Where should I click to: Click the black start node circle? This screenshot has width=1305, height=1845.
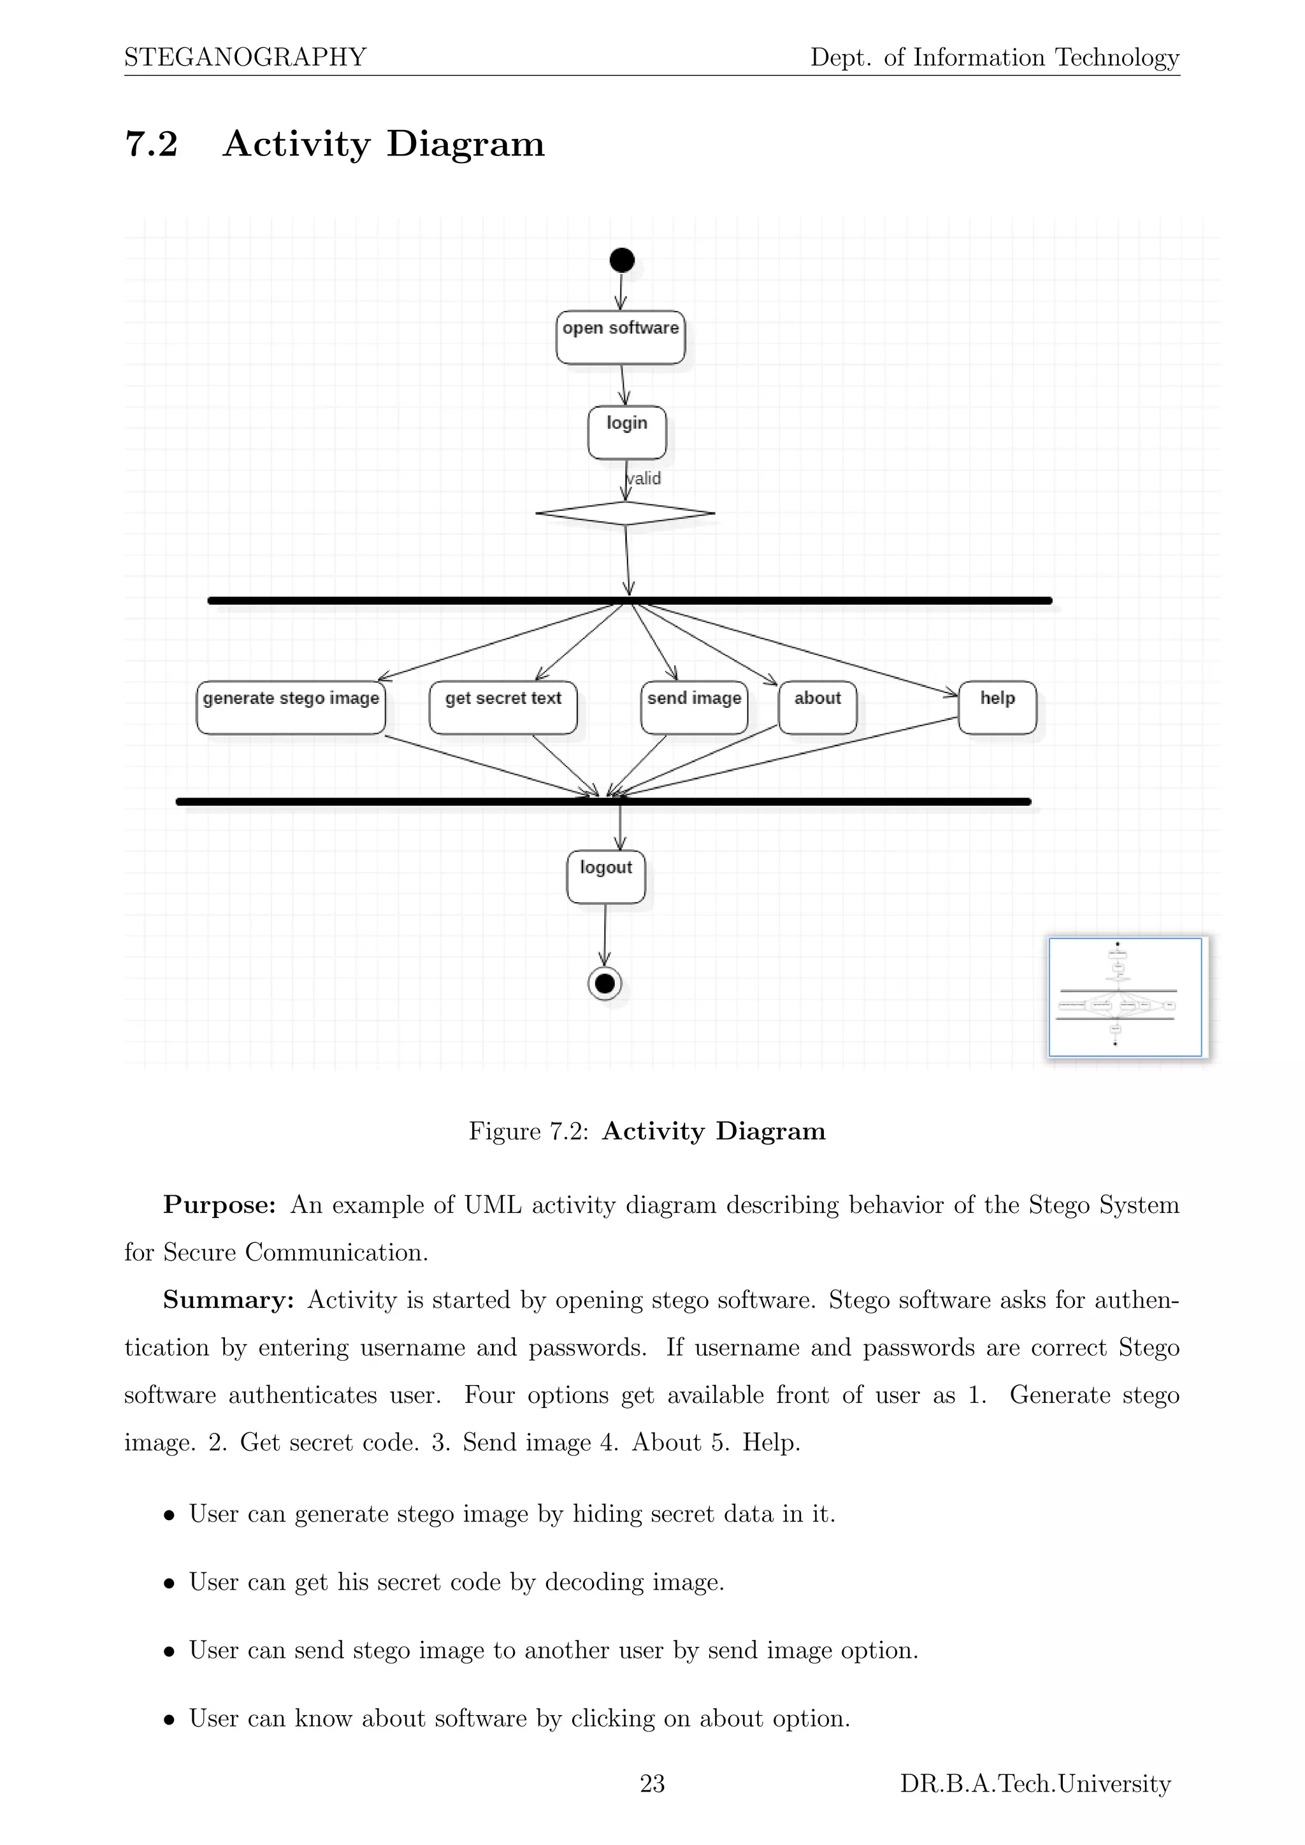(x=622, y=261)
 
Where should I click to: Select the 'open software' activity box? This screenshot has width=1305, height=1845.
(x=621, y=338)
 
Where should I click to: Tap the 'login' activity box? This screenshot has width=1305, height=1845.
(x=627, y=433)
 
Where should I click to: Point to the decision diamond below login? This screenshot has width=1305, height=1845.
(x=625, y=513)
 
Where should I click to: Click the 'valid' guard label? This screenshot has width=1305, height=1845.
(x=644, y=479)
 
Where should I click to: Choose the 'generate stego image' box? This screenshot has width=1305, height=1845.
(x=291, y=708)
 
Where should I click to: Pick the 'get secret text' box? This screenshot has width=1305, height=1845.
(x=503, y=708)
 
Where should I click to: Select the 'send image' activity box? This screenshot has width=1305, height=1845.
(x=695, y=708)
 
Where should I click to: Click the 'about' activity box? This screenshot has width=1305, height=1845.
(x=818, y=708)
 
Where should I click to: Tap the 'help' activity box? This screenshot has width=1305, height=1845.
(x=997, y=708)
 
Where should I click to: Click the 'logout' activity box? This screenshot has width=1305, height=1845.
(x=606, y=877)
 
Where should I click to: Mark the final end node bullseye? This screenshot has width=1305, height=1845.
(x=605, y=984)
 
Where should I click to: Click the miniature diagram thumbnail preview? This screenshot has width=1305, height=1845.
(x=1125, y=996)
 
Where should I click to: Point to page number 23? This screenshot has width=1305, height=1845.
(x=652, y=1784)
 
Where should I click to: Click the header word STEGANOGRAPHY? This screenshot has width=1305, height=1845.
(x=245, y=57)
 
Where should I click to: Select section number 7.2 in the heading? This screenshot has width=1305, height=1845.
(x=151, y=144)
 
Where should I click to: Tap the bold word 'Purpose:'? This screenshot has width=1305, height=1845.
(x=219, y=1205)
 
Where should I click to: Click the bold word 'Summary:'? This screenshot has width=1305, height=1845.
(x=228, y=1300)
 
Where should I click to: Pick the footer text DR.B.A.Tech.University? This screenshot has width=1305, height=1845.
(x=1035, y=1784)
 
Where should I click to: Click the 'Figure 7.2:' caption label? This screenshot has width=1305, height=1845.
(x=529, y=1131)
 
